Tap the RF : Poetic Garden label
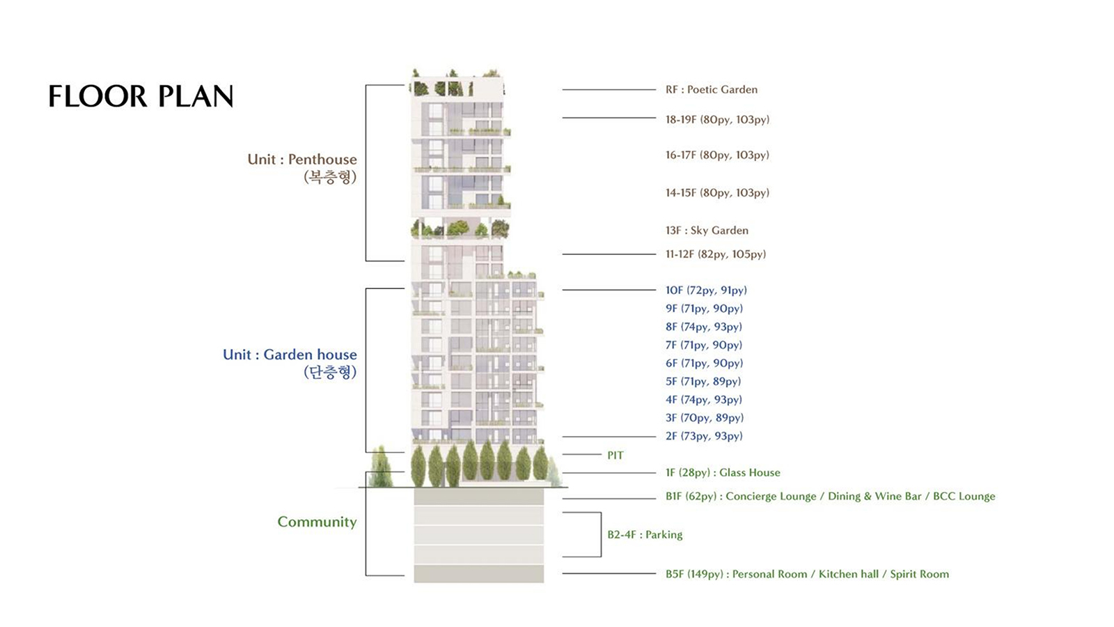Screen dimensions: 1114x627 point(712,90)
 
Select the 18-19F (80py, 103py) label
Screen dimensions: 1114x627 point(718,119)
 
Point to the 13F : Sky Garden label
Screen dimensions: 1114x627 point(707,231)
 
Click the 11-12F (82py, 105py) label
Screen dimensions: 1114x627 point(716,254)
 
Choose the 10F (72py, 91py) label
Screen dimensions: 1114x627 point(706,290)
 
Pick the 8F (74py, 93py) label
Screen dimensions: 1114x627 point(704,327)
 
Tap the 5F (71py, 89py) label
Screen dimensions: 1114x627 point(703,381)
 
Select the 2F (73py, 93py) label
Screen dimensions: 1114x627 point(704,436)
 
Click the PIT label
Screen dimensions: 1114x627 point(615,456)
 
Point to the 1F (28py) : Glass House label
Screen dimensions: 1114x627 point(723,472)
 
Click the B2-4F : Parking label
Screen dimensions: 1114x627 point(645,534)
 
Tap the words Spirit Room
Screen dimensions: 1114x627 point(919,574)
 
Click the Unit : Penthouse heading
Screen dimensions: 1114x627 point(302,160)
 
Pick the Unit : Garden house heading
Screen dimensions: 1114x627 point(290,355)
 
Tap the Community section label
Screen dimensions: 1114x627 point(317,522)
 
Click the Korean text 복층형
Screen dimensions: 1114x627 point(330,177)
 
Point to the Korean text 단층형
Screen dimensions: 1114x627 point(330,372)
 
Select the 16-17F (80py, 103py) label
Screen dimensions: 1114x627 point(718,155)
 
